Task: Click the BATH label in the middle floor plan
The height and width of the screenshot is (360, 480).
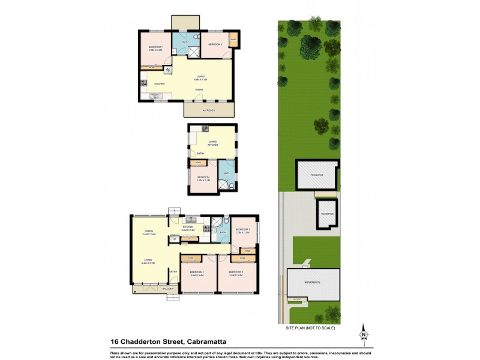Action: tap(227, 174)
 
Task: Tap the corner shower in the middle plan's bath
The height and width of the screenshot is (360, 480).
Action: tap(224, 185)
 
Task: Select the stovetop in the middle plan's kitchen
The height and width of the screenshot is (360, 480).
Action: tap(205, 128)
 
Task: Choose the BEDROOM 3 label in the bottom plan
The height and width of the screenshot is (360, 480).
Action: tap(242, 231)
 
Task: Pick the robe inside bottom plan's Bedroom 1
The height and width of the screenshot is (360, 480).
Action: tap(191, 258)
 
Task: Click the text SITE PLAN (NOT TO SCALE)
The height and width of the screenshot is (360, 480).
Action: tap(310, 328)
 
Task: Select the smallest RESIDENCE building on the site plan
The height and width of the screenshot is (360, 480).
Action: tap(327, 214)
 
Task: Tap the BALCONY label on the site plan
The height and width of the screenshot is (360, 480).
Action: tap(296, 299)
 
